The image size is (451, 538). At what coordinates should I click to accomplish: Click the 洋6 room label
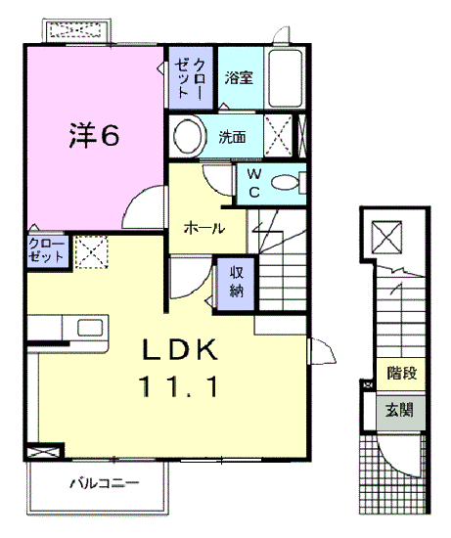(94, 135)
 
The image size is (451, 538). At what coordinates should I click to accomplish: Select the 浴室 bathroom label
(239, 77)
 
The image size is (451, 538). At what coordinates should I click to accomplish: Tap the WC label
(252, 182)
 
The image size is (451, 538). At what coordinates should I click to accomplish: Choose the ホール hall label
(205, 229)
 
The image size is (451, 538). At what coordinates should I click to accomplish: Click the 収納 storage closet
(237, 281)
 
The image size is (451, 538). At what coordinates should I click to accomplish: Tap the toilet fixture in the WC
(287, 183)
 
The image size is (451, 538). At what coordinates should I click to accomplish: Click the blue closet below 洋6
(47, 250)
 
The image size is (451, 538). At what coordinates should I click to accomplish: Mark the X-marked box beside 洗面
(278, 136)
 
